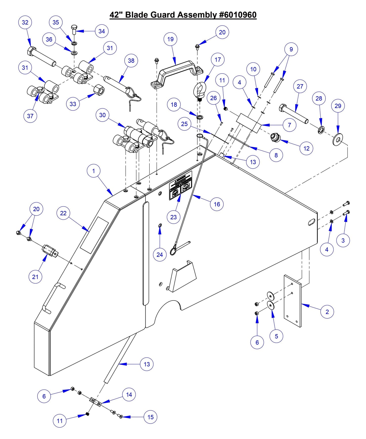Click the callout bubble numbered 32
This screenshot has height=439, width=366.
25,22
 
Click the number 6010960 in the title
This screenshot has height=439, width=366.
238,15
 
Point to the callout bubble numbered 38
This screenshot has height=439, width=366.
131,61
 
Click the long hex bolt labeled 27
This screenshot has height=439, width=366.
294,114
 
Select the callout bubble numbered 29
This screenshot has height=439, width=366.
338,106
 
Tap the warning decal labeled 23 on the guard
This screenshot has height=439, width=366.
181,185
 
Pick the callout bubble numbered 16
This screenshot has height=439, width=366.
217,204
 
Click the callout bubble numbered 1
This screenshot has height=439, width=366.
93,171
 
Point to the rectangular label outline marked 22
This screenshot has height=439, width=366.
94,235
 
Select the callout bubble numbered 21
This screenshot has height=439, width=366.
35,277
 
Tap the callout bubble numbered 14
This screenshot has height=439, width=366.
129,395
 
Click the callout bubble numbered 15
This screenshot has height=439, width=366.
150,417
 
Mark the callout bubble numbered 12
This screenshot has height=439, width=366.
306,148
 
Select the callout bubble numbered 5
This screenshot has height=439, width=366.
276,336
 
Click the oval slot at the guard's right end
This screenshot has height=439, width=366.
312,222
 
